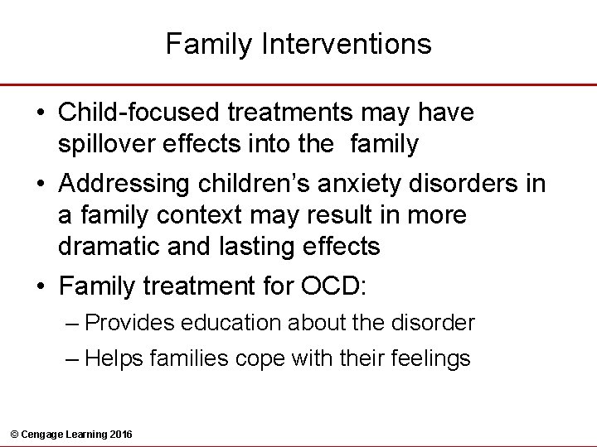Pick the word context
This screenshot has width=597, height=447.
[x=214, y=215]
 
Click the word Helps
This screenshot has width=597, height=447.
[x=114, y=358]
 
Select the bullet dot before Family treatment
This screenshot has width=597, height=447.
[x=41, y=286]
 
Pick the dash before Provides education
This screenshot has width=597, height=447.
[x=72, y=322]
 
